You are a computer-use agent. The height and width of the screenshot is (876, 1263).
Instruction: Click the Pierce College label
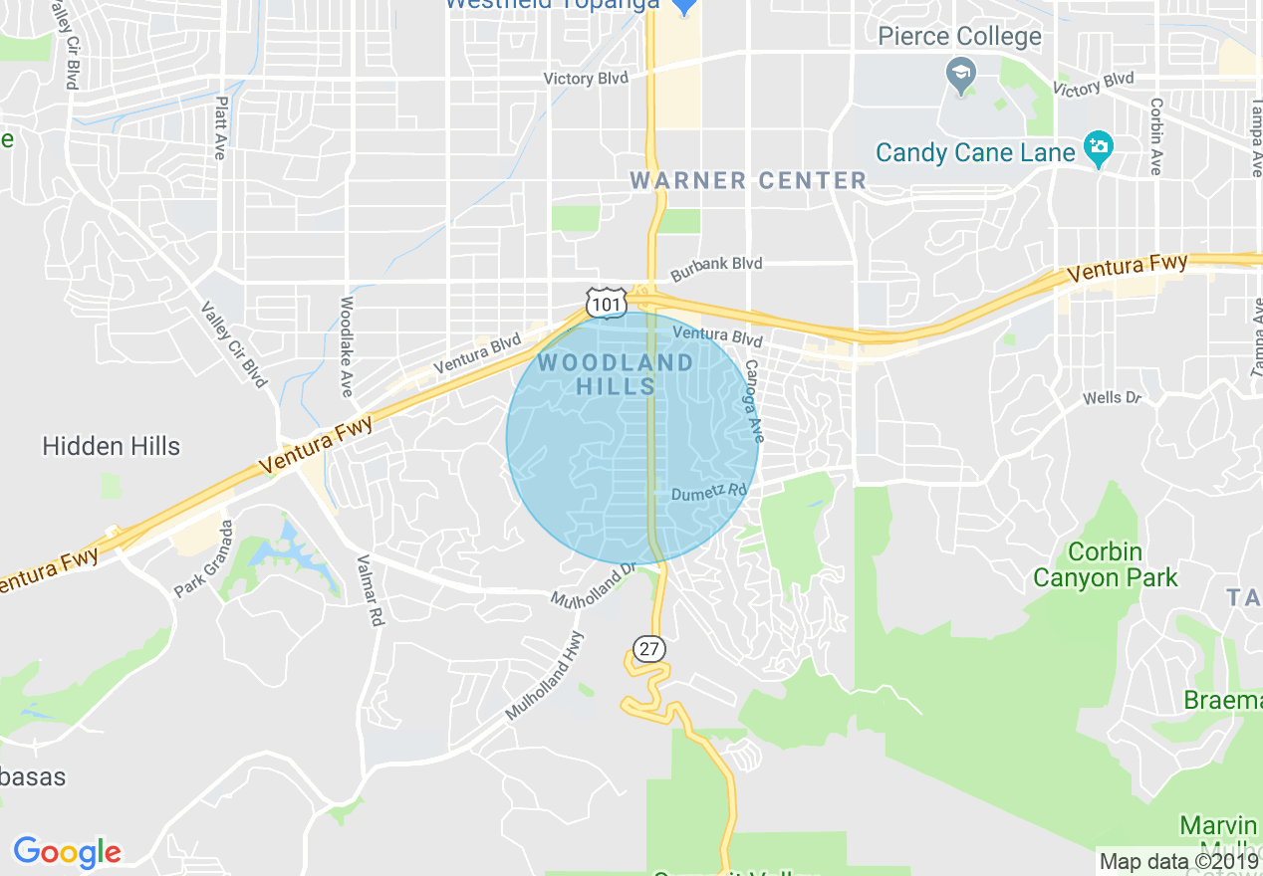click(959, 37)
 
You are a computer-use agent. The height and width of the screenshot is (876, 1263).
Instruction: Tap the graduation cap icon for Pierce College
click(961, 75)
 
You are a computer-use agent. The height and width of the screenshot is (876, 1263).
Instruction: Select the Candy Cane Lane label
click(975, 153)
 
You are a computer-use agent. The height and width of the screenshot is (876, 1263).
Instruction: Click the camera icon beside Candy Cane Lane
click(1099, 148)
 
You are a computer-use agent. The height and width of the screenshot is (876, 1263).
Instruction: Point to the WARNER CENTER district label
click(748, 180)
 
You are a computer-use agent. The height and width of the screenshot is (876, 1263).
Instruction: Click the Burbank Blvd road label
click(716, 266)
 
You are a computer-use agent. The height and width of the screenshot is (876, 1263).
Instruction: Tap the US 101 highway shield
click(607, 302)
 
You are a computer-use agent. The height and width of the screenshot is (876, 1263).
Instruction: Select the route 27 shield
click(649, 649)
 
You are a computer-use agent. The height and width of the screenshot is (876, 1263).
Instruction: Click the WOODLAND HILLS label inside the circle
click(616, 374)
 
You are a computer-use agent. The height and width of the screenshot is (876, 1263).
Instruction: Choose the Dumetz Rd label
click(708, 492)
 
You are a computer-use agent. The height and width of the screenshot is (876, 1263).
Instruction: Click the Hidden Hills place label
click(112, 446)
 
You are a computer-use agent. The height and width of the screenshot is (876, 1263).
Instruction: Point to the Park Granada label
click(203, 558)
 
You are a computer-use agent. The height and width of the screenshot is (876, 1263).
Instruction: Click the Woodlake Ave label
click(347, 345)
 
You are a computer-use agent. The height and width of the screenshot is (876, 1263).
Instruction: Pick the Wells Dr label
click(1112, 398)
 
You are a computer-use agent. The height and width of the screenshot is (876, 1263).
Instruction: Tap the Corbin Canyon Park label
click(1105, 564)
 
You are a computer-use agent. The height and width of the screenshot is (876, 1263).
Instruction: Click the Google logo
click(67, 852)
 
